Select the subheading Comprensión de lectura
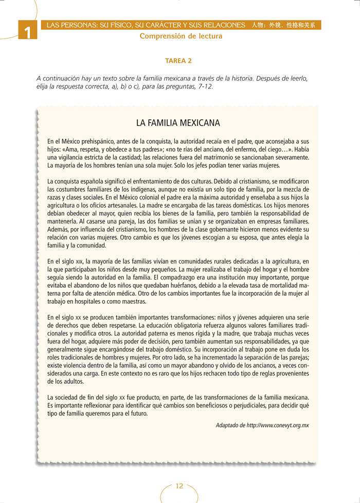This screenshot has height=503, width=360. click(181, 36)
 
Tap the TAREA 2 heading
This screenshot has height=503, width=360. click(178, 61)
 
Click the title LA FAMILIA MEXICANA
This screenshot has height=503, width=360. click(178, 123)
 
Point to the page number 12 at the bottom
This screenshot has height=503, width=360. click(179, 486)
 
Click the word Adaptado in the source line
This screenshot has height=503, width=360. click(227, 425)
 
